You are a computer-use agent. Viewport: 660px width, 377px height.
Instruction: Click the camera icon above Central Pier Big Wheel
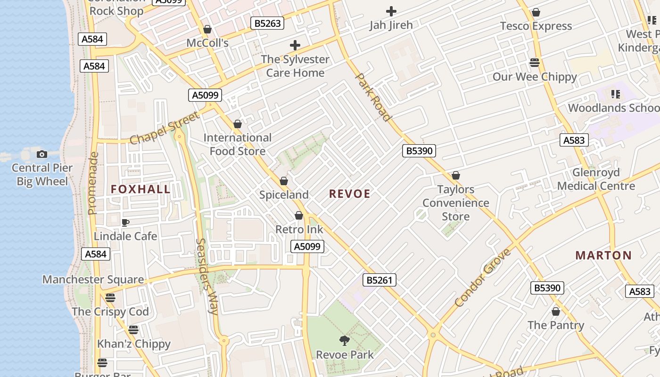(42, 154)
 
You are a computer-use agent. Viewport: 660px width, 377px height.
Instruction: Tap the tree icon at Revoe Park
(345, 340)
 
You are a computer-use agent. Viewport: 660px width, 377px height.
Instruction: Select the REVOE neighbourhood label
(350, 194)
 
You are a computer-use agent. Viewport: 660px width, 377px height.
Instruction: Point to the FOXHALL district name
(140, 189)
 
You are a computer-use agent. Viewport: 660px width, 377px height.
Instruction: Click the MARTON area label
(603, 255)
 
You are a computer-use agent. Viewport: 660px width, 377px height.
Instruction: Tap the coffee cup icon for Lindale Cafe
(125, 222)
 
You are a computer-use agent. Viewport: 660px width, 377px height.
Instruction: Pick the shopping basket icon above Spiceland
(284, 181)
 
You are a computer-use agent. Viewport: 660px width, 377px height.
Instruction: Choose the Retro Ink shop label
(299, 229)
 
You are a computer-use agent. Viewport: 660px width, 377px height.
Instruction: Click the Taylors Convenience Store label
(455, 203)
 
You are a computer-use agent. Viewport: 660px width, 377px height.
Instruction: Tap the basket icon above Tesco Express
(536, 12)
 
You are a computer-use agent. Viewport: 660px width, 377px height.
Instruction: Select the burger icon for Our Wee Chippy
(534, 63)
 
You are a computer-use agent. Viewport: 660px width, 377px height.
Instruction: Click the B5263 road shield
(267, 23)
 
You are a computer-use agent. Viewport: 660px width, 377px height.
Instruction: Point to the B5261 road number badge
(379, 280)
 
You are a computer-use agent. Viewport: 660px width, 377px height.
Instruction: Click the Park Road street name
(373, 97)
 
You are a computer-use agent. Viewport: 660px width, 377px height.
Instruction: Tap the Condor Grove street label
(483, 278)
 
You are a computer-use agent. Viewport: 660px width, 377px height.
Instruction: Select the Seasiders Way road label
(206, 276)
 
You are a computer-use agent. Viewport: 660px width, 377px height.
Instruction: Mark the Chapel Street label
(164, 128)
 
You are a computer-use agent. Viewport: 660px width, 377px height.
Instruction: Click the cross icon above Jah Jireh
(391, 11)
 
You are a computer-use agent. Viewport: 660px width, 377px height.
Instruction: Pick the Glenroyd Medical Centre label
(596, 179)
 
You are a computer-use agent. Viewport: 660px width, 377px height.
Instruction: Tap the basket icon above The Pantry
(556, 311)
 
